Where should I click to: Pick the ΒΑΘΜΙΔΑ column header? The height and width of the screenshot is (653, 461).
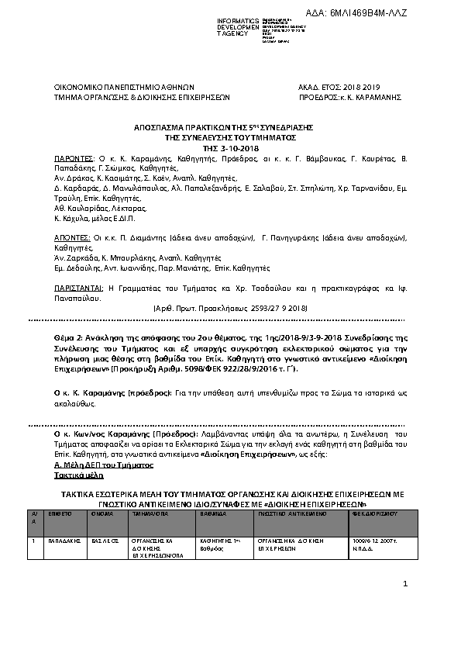tap(213, 513)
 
